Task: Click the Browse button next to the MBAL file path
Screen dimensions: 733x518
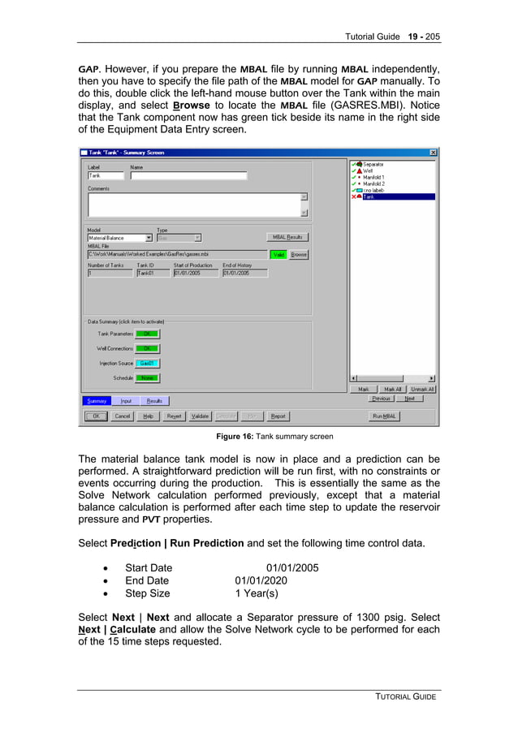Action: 299,255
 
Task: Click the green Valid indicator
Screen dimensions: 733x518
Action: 278,255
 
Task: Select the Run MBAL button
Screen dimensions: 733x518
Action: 384,416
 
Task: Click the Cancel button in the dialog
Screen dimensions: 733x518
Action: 122,416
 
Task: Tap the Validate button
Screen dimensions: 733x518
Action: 200,416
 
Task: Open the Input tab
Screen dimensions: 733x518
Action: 126,401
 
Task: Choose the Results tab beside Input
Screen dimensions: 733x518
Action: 154,401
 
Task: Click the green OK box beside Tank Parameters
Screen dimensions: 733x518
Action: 147,334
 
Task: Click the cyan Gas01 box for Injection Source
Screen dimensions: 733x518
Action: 147,363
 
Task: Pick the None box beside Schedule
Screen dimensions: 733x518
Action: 147,378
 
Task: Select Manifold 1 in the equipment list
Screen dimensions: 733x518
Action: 373,177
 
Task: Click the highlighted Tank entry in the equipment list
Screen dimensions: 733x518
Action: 369,196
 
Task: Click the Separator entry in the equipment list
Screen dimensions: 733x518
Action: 373,164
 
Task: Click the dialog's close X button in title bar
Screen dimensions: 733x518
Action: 433,153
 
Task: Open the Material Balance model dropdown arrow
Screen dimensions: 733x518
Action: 149,238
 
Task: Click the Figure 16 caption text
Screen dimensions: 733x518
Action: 268,437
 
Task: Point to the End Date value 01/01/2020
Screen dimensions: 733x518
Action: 261,581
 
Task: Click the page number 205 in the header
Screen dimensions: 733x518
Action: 432,37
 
